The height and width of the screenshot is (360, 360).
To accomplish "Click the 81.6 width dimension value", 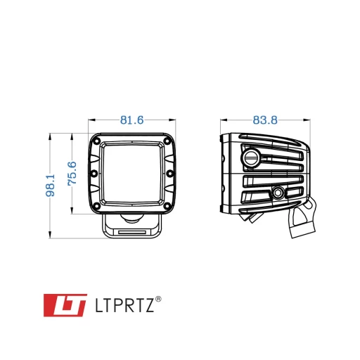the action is (131, 120).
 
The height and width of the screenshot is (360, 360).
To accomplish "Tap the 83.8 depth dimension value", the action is (265, 120).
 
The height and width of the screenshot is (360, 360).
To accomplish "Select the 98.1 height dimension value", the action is (50, 185).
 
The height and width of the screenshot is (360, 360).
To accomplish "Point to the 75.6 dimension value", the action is (72, 174).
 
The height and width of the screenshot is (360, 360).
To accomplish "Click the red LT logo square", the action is (65, 305).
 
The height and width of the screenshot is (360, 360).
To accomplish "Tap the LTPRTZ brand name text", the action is (125, 305).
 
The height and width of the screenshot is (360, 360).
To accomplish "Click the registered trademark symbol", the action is (158, 300).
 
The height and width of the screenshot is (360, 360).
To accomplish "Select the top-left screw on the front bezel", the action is (96, 141).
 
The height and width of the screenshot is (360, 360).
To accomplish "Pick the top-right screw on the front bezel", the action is (167, 141).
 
